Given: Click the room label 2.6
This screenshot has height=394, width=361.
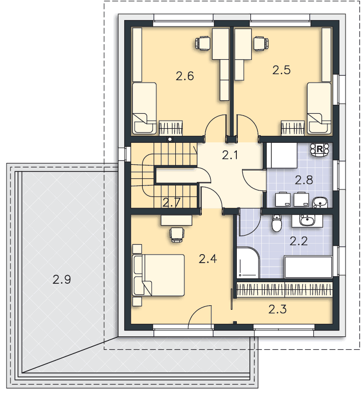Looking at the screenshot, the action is (x=185, y=76).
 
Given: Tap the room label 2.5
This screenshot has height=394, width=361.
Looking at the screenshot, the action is (x=281, y=70).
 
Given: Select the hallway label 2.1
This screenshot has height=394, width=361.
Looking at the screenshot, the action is (x=230, y=155).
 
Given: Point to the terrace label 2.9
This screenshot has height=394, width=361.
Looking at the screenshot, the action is (x=62, y=279).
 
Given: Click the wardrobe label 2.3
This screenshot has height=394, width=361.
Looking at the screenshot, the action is (x=277, y=309).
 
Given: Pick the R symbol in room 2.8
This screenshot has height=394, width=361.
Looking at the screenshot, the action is (x=319, y=149).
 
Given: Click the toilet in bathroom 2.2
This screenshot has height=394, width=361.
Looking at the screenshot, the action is (x=277, y=223).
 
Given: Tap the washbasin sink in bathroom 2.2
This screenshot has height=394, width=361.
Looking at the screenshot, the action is (x=306, y=221).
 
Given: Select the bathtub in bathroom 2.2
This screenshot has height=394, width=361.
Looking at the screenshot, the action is (x=308, y=267).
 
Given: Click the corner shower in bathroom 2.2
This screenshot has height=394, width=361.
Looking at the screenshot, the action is (x=248, y=263).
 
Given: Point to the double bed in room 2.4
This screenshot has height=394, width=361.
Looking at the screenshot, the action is (x=158, y=275).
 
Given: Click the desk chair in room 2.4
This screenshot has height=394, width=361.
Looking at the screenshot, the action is (x=177, y=235).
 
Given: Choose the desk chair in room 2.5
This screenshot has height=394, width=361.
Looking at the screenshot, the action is (x=261, y=44).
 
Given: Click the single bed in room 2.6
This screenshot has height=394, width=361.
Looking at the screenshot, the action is (x=144, y=108).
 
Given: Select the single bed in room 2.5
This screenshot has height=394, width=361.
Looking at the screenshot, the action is (x=319, y=108).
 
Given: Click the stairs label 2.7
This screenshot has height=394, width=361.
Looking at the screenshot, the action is (x=171, y=203).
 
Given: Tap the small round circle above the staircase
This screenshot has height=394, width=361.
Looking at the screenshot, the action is (x=170, y=139).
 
